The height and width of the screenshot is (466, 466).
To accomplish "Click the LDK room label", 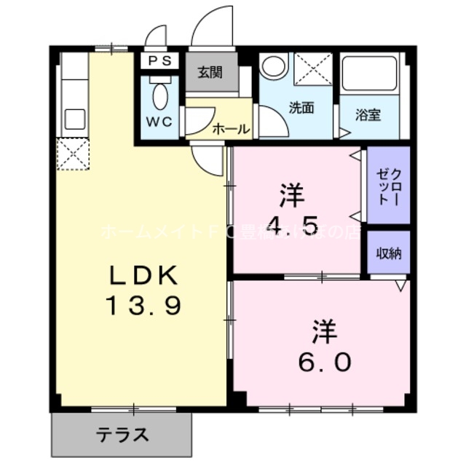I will pyautogui.click(x=143, y=275).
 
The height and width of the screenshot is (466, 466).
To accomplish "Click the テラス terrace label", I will pyautogui.click(x=123, y=435).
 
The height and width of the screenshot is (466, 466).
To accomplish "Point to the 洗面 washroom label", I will pyautogui.click(x=301, y=108).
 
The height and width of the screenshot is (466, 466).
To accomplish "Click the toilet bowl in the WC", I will pyautogui.click(x=160, y=95).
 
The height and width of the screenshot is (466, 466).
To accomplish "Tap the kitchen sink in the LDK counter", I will pyautogui.click(x=73, y=119).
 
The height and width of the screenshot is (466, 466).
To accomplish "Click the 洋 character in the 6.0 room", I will pyautogui.click(x=325, y=332).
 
